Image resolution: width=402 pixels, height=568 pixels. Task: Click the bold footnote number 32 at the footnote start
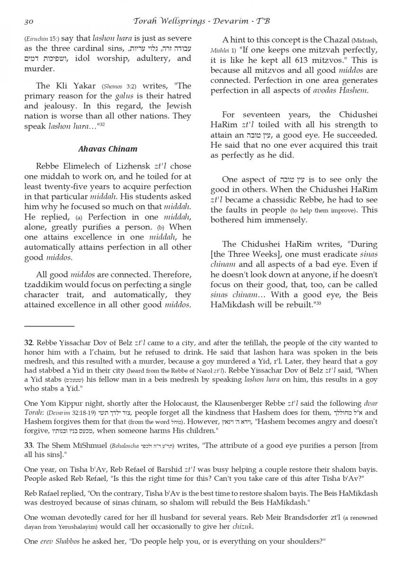click(28, 343)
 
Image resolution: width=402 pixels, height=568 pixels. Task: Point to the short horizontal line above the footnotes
click(49, 326)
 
